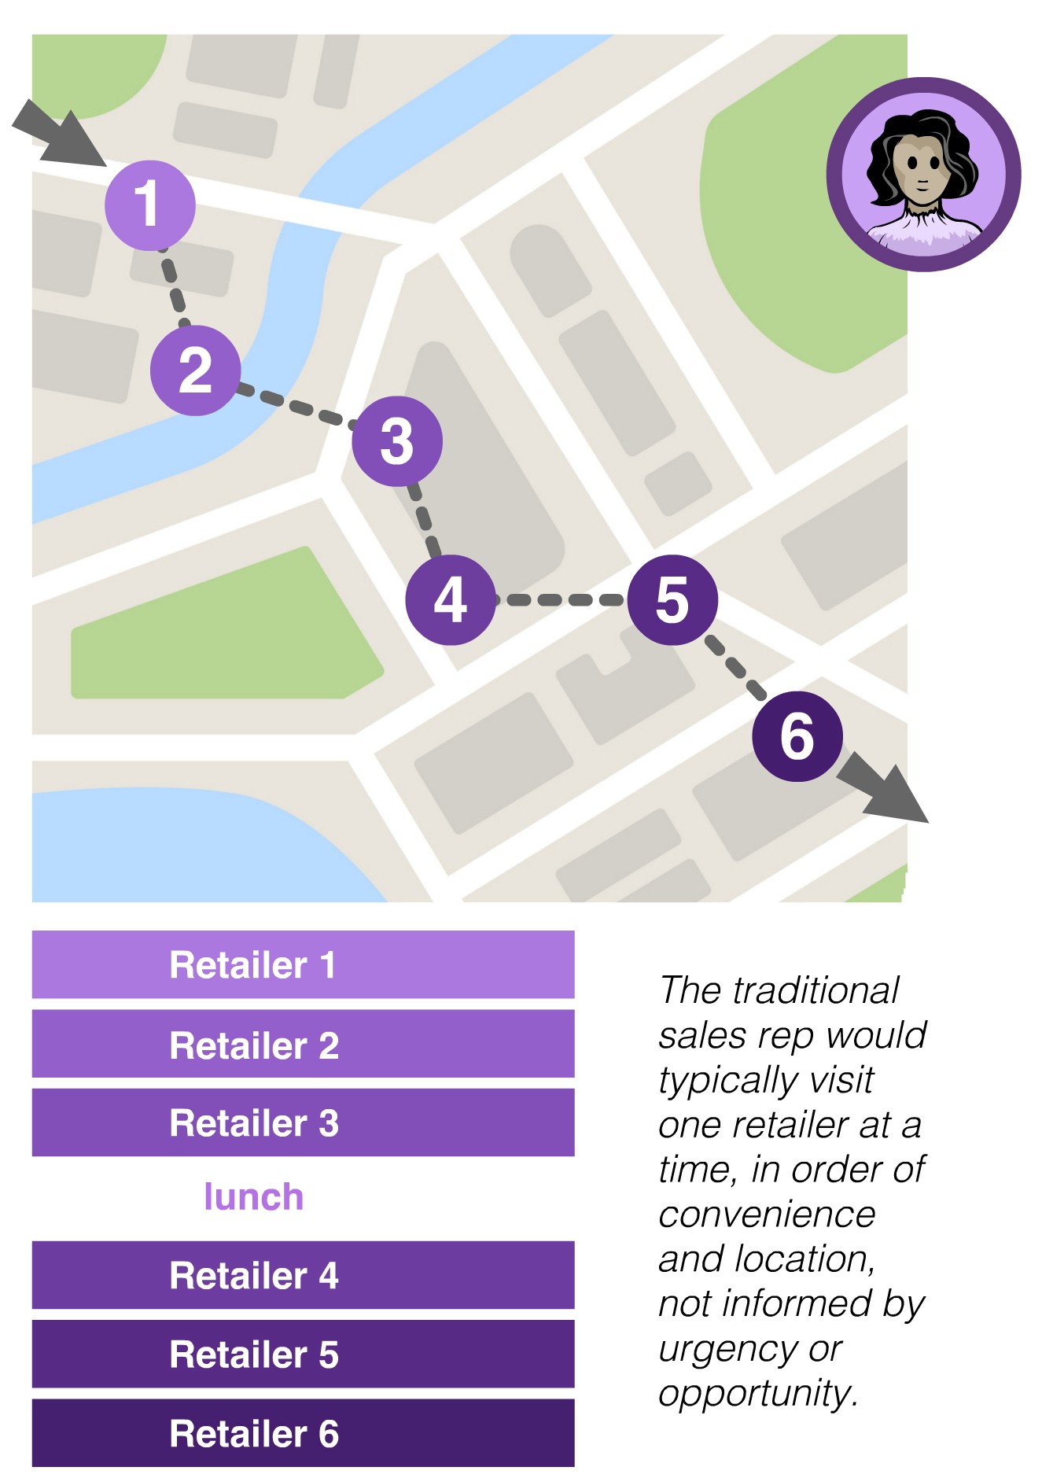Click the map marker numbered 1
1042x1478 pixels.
pyautogui.click(x=149, y=205)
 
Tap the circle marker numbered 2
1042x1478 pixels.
pyautogui.click(x=195, y=370)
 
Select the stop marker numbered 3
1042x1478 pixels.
pyautogui.click(x=396, y=440)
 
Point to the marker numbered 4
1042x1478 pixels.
pyautogui.click(x=450, y=599)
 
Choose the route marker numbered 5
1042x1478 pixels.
pyautogui.click(x=672, y=599)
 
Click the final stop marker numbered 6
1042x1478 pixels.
pyautogui.click(x=797, y=736)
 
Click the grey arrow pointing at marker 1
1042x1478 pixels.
pyautogui.click(x=61, y=135)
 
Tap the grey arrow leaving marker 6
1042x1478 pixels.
pyautogui.click(x=885, y=788)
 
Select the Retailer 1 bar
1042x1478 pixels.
pyautogui.click(x=303, y=964)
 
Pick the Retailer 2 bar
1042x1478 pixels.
pyautogui.click(x=303, y=1044)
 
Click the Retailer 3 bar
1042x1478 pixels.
pyautogui.click(x=303, y=1122)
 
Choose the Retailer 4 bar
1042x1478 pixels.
pyautogui.click(x=303, y=1275)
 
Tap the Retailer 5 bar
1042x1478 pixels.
pyautogui.click(x=303, y=1354)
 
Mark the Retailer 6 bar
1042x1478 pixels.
pyautogui.click(x=303, y=1433)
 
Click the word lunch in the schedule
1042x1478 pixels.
pyautogui.click(x=253, y=1197)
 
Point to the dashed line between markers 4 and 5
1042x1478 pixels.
pyautogui.click(x=562, y=600)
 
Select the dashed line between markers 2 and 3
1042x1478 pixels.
pyautogui.click(x=296, y=405)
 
